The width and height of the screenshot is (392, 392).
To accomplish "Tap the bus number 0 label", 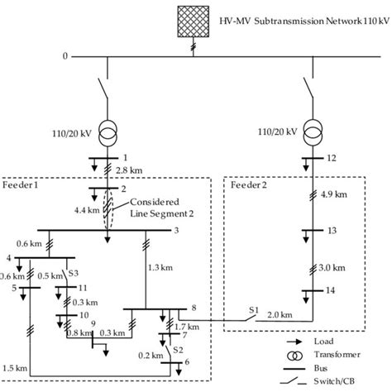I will [x=64, y=56].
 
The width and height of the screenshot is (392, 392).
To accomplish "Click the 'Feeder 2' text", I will [x=249, y=186].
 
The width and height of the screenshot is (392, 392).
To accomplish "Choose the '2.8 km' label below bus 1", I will [x=129, y=169].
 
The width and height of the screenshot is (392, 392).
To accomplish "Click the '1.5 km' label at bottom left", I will [x=15, y=366].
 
